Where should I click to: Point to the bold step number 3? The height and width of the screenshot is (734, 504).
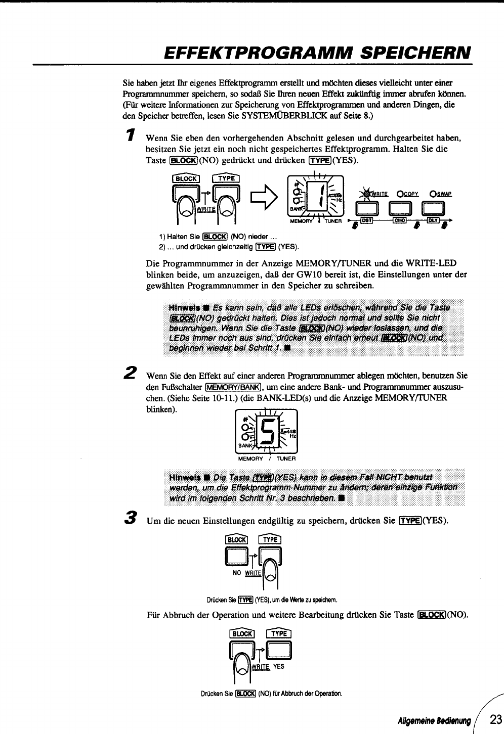pyautogui.click(x=131, y=517)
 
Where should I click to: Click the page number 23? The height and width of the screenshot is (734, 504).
pyautogui.click(x=496, y=719)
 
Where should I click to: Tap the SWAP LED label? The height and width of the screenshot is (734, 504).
pyautogui.click(x=441, y=194)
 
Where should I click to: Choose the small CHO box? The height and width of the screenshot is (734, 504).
pyautogui.click(x=400, y=221)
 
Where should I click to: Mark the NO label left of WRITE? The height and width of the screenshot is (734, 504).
pyautogui.click(x=236, y=573)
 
